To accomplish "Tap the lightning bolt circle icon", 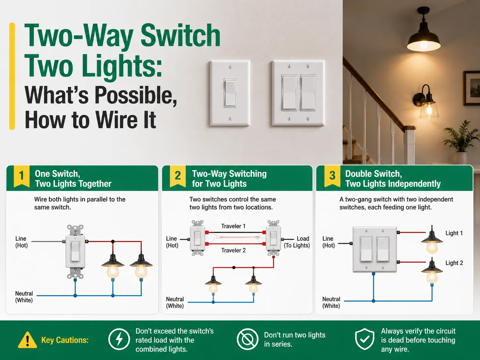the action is (x=119, y=339).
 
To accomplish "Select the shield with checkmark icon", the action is (x=365, y=339).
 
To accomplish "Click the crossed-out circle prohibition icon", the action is (x=248, y=339).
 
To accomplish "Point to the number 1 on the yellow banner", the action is (x=22, y=175).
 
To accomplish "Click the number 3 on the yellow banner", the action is (x=332, y=175).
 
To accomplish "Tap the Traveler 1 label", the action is (x=233, y=226).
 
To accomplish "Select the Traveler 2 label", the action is (x=233, y=250).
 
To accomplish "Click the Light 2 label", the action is (x=454, y=263).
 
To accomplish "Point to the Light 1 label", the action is (x=454, y=233).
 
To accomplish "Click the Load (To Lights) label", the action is (x=297, y=242).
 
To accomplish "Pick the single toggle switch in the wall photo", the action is (x=230, y=93).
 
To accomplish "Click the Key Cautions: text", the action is (x=65, y=340).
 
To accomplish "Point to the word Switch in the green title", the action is (x=180, y=35).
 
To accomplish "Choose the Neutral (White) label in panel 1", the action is (x=24, y=297).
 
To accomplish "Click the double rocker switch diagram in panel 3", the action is (x=375, y=249).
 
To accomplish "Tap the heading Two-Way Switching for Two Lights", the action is (x=229, y=179).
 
